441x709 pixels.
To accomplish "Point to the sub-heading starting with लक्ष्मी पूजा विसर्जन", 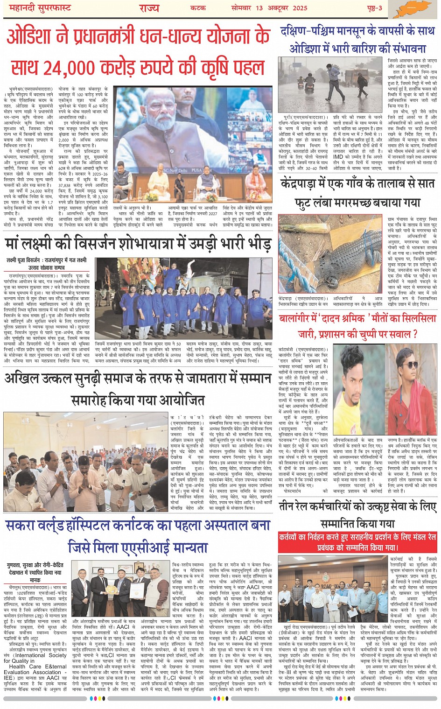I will click(x=47, y=260).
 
